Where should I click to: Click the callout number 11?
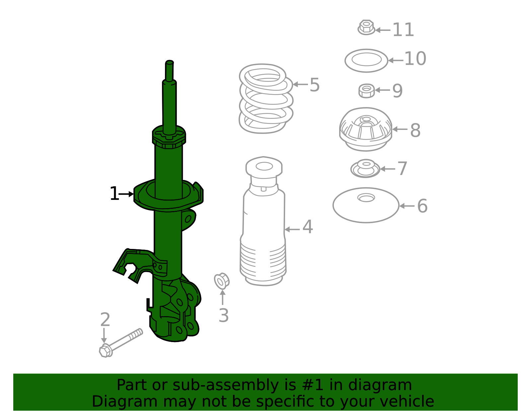click(x=403, y=30)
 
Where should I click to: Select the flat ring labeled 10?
click(x=366, y=61)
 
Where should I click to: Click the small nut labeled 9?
click(x=366, y=90)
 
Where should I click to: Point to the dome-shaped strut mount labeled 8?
click(x=366, y=129)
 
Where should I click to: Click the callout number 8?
click(x=415, y=130)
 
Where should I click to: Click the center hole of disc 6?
click(x=366, y=198)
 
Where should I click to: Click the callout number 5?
click(x=314, y=85)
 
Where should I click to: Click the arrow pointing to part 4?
click(x=292, y=229)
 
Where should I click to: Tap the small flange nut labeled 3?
click(x=221, y=281)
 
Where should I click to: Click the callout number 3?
click(x=223, y=316)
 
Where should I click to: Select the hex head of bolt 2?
click(x=105, y=351)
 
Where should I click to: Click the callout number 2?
click(x=105, y=320)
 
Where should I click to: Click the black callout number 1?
click(x=114, y=194)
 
